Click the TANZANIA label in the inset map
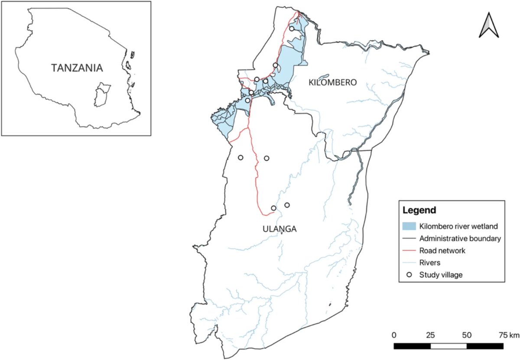[x=77, y=68]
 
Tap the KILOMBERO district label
[x=332, y=82]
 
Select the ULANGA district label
[x=279, y=229]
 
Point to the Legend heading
[x=419, y=211]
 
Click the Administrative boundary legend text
[x=460, y=238]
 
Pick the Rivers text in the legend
[x=429, y=262]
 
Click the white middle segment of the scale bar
[x=448, y=346]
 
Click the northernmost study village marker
[x=292, y=29]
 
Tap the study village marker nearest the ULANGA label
[x=273, y=208]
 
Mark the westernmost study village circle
[x=240, y=158]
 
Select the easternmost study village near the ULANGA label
[x=287, y=205]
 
